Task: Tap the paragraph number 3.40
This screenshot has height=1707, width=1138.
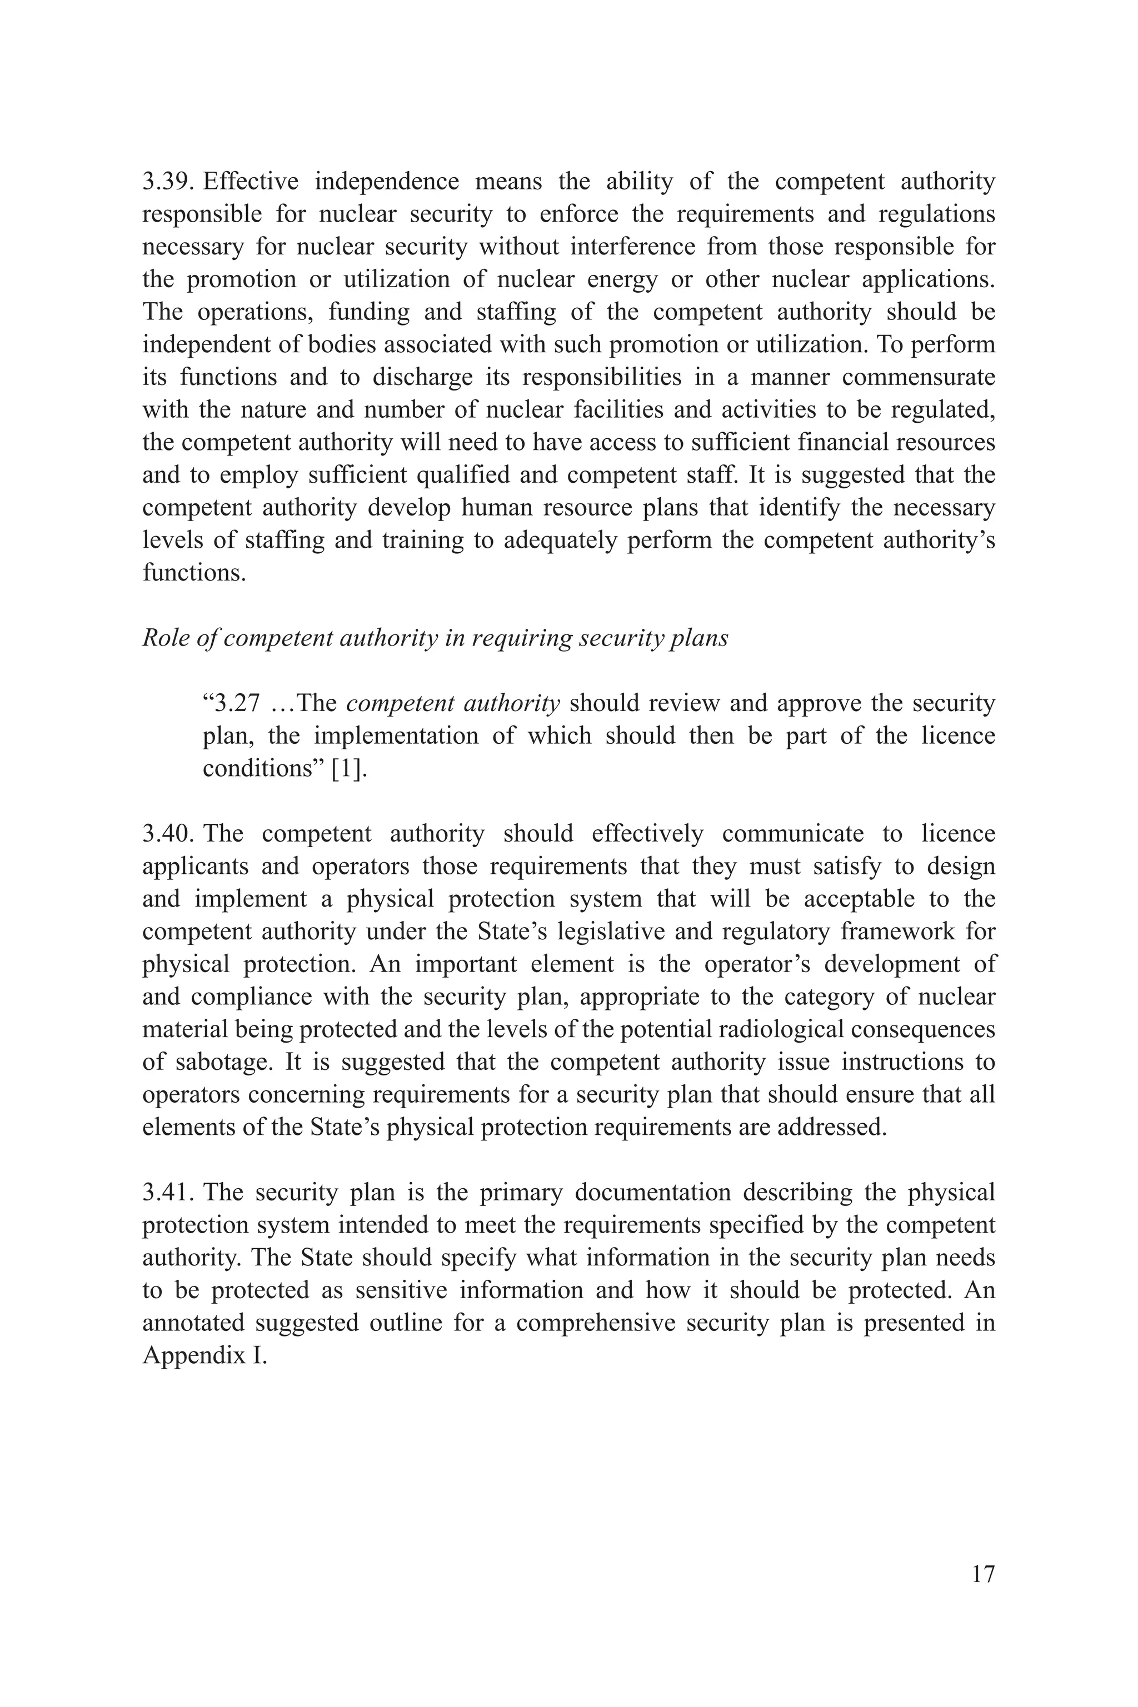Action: [x=168, y=834]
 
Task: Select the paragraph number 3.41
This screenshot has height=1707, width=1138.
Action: [x=168, y=1193]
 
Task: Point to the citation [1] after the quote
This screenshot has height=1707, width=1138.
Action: [x=349, y=769]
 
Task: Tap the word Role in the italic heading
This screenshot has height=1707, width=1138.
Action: [x=161, y=638]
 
